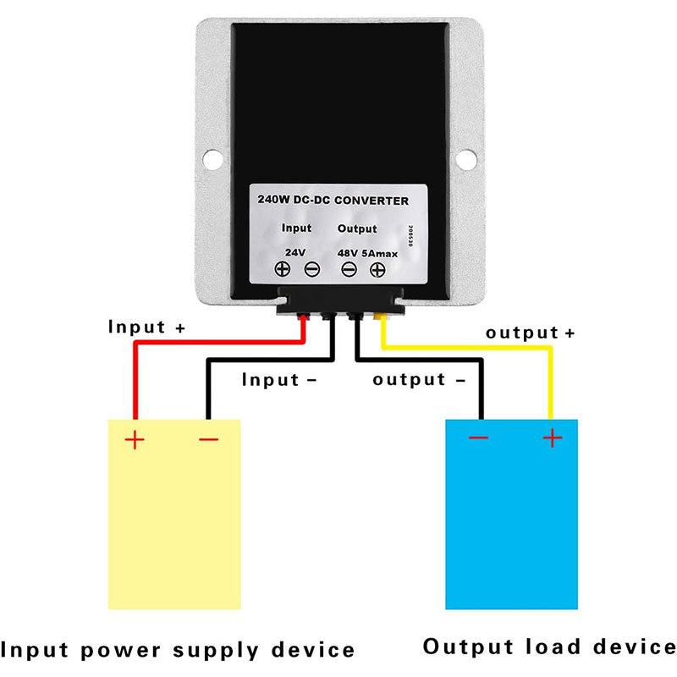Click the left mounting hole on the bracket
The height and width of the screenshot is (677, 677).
pyautogui.click(x=212, y=157)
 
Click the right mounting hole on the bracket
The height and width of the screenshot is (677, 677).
pyautogui.click(x=465, y=157)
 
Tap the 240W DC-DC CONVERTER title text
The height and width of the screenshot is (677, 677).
pyautogui.click(x=333, y=201)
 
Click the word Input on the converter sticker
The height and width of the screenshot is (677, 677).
pyautogui.click(x=296, y=228)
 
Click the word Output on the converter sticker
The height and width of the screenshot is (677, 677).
pyautogui.click(x=357, y=228)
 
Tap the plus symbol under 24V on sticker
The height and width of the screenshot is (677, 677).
pyautogui.click(x=283, y=270)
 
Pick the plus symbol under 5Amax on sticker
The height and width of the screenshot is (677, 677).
pyautogui.click(x=377, y=270)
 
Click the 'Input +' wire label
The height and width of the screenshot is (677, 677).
pyautogui.click(x=146, y=327)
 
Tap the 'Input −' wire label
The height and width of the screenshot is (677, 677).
pyautogui.click(x=278, y=380)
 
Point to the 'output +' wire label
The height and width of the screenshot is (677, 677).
pyautogui.click(x=530, y=333)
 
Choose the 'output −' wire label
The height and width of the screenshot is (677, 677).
pyautogui.click(x=419, y=380)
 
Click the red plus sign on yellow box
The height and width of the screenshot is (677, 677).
pyautogui.click(x=135, y=439)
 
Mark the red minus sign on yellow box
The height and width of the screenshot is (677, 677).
pyautogui.click(x=208, y=439)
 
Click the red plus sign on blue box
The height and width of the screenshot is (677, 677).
pyautogui.click(x=552, y=438)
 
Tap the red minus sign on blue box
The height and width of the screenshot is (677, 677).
pyautogui.click(x=478, y=438)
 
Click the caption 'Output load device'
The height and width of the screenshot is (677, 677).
pyautogui.click(x=549, y=647)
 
